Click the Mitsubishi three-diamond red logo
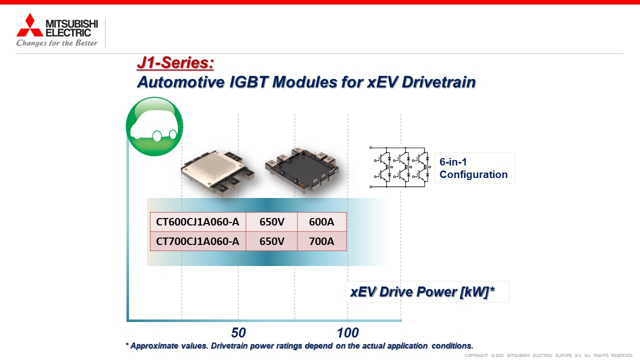coord(29,25)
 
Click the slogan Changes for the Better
coord(57,43)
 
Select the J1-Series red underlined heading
coord(175,63)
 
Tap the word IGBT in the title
coord(248,82)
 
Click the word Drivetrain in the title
coord(438,82)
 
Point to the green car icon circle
coord(154,126)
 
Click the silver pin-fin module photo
coord(217,172)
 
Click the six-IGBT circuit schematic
coord(400,167)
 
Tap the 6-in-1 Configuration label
coord(473,168)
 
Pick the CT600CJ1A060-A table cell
coord(197,221)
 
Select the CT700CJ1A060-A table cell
coord(197,241)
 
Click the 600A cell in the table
coord(321,221)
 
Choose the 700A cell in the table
coord(321,241)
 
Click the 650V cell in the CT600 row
coord(271,221)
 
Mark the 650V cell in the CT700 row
coord(271,241)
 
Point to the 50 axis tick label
coord(238,332)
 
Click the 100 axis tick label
coord(347,332)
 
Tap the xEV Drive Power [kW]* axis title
coord(422,291)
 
